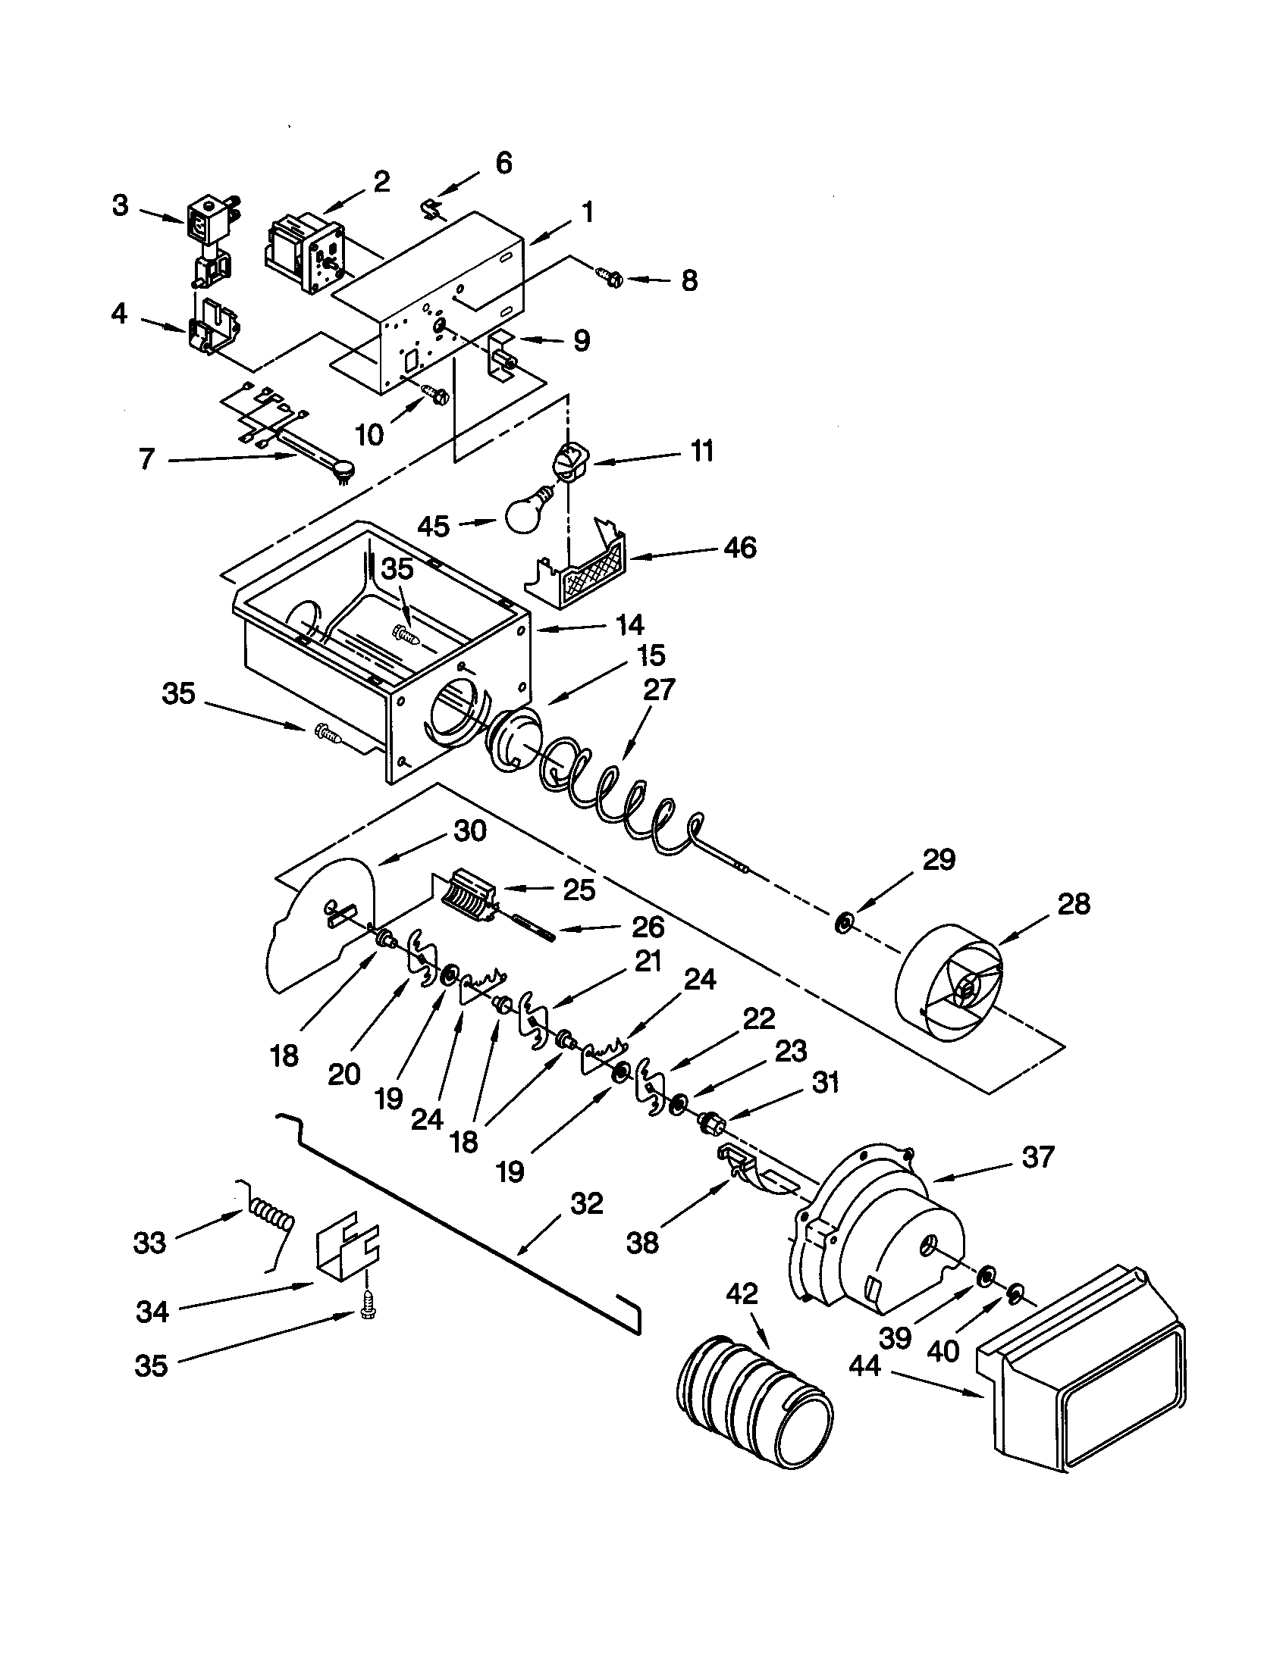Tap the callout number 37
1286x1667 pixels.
[x=1039, y=1157]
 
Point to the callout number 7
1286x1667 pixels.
[x=146, y=460]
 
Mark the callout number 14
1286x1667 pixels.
[x=630, y=625]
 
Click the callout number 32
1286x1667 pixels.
[x=585, y=1204]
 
